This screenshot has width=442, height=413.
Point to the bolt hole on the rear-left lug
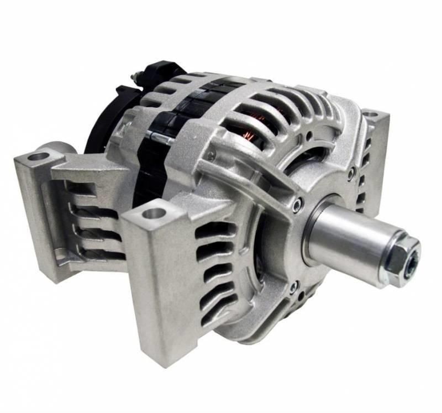39,157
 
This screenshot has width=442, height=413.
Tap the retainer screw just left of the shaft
298,205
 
